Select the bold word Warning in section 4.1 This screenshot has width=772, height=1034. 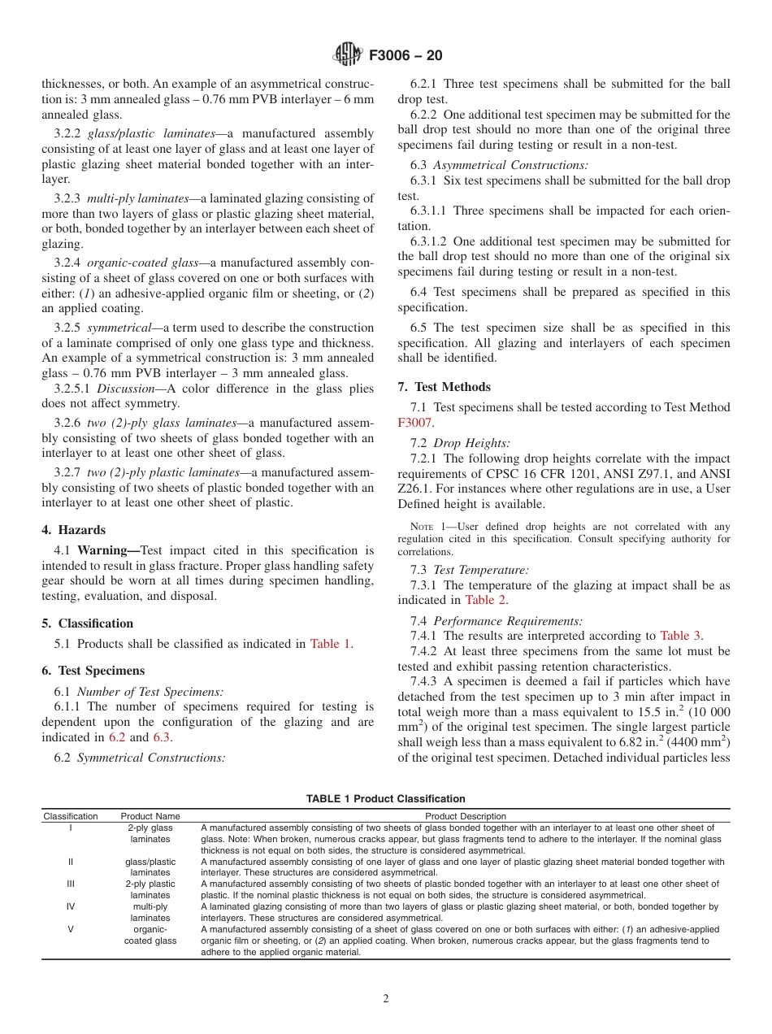[x=101, y=550]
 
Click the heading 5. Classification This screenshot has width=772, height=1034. [x=87, y=623]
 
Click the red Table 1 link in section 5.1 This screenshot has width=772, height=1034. [x=330, y=644]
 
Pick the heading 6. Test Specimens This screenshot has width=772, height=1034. [x=93, y=671]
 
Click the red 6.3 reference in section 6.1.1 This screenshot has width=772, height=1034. [x=162, y=737]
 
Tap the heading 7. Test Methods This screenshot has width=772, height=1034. [x=444, y=387]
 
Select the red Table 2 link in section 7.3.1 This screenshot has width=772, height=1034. [x=486, y=600]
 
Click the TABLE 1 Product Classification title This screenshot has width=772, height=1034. [x=385, y=799]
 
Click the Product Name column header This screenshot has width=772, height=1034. [x=150, y=816]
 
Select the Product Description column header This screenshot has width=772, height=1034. [x=466, y=816]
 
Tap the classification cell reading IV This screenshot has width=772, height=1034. [x=71, y=906]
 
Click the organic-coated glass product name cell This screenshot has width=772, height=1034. [x=150, y=935]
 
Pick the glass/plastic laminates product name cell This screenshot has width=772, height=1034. [x=150, y=867]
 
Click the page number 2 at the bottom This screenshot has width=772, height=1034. [x=386, y=999]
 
